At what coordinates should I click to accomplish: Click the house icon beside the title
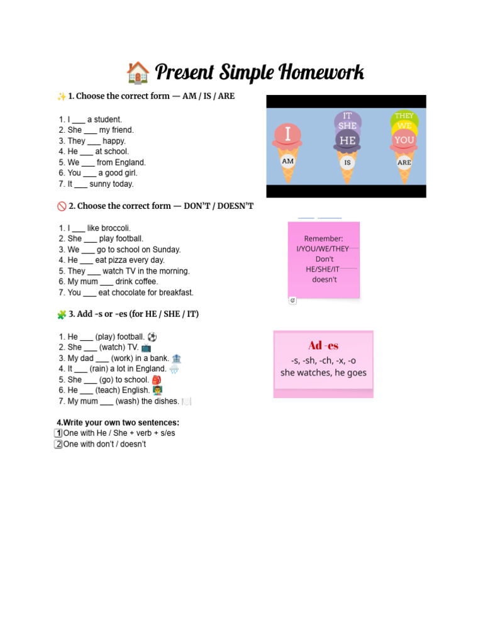pyautogui.click(x=138, y=73)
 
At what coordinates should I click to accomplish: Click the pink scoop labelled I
pyautogui.click(x=287, y=135)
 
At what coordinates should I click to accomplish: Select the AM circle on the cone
pyautogui.click(x=287, y=161)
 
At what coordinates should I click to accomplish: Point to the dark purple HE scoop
pyautogui.click(x=347, y=140)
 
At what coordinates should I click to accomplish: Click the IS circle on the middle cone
pyautogui.click(x=347, y=163)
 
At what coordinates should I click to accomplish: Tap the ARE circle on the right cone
pyautogui.click(x=404, y=163)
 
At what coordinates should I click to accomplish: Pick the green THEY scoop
pyautogui.click(x=404, y=116)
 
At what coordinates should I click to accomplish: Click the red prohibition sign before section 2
pyautogui.click(x=62, y=206)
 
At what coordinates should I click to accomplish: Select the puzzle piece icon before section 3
pyautogui.click(x=62, y=314)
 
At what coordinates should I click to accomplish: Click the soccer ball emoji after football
pyautogui.click(x=152, y=337)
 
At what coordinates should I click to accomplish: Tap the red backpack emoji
pyautogui.click(x=157, y=380)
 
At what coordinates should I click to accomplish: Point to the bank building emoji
pyautogui.click(x=176, y=358)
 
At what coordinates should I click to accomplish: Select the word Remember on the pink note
pyautogui.click(x=324, y=238)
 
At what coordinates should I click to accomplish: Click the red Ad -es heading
pyautogui.click(x=324, y=345)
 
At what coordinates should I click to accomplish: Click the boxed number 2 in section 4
pyautogui.click(x=58, y=444)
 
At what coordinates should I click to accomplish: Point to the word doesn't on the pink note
pyautogui.click(x=325, y=280)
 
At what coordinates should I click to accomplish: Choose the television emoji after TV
pyautogui.click(x=146, y=348)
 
